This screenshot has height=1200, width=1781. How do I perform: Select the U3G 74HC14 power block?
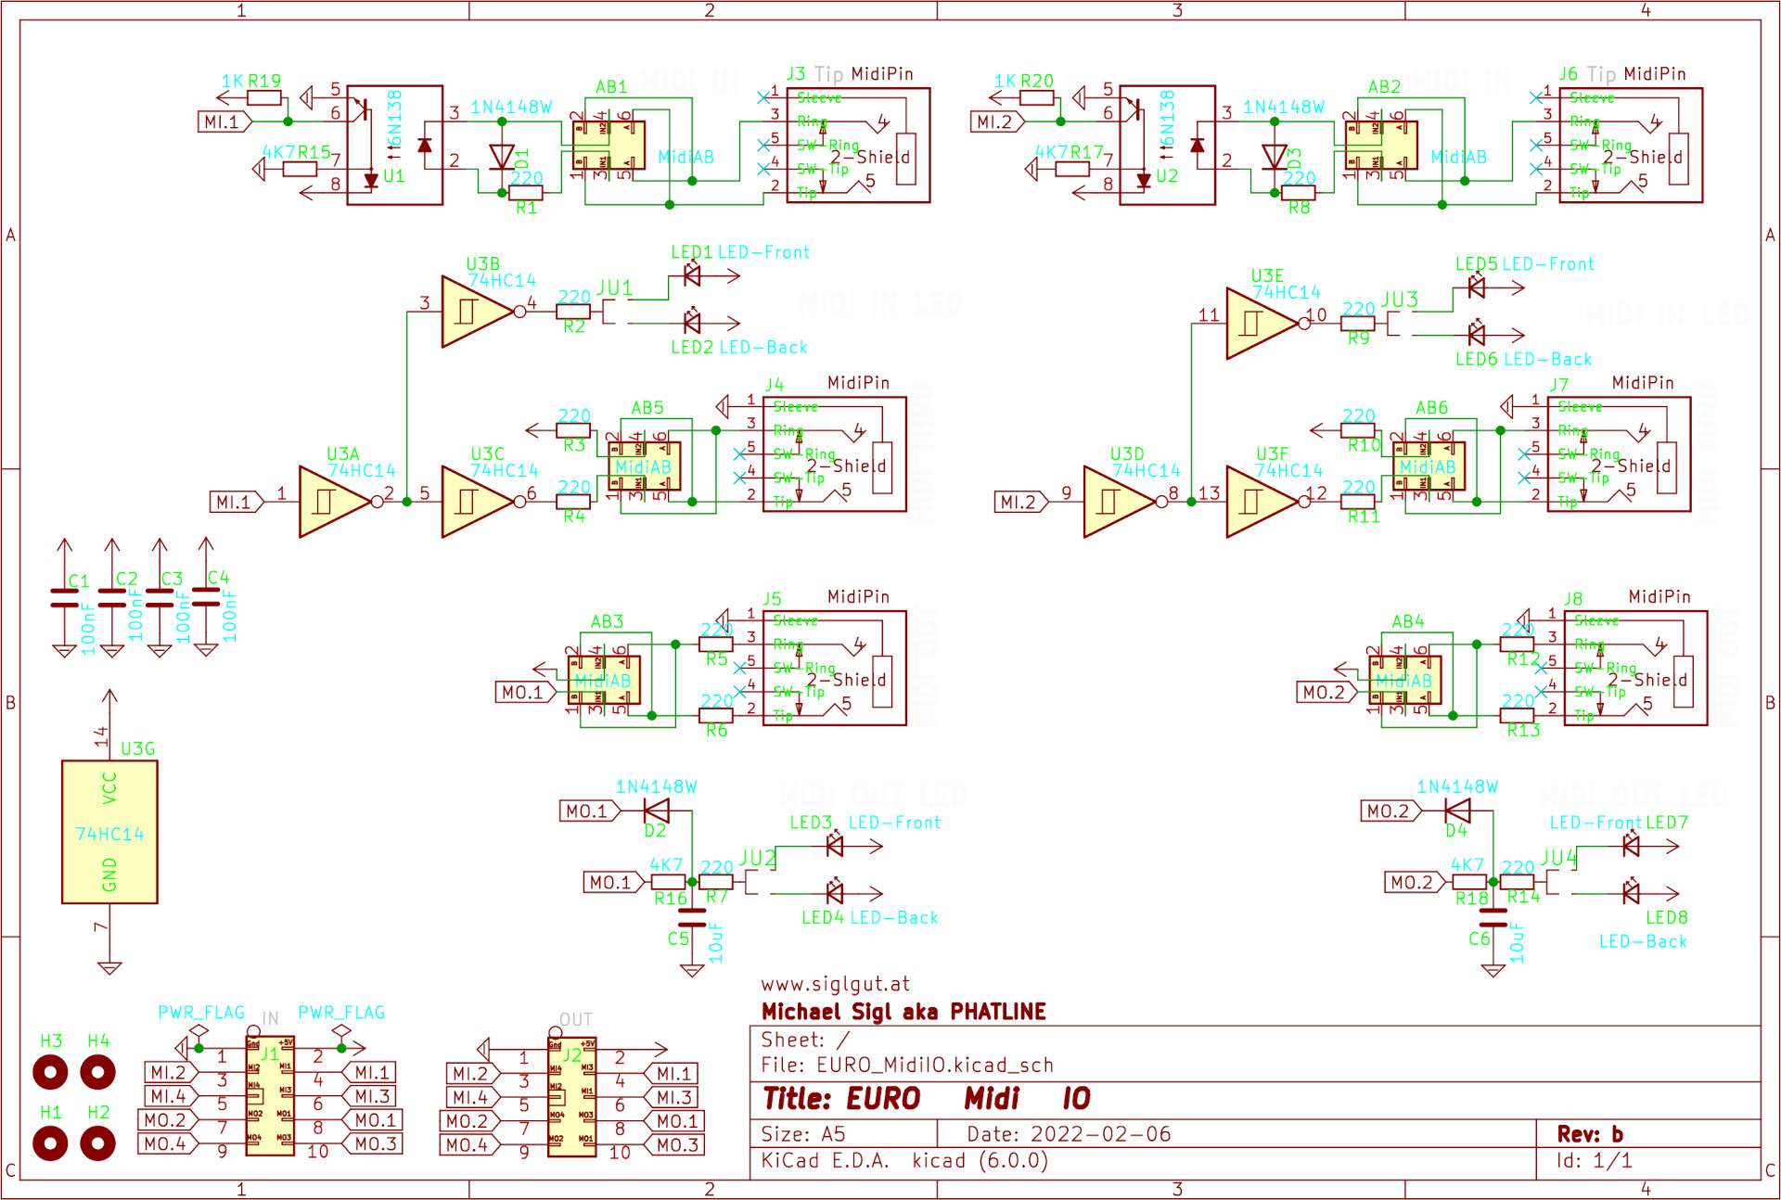[109, 832]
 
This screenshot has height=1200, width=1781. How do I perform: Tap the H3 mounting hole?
[50, 1073]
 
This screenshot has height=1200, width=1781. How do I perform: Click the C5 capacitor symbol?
[692, 917]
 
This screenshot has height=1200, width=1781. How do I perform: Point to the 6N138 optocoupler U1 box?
[394, 145]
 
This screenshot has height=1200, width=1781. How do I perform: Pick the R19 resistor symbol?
[264, 97]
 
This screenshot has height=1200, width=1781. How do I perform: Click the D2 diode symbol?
[657, 811]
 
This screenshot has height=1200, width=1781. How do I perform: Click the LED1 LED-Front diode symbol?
[692, 274]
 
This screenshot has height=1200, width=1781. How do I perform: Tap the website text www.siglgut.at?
[835, 984]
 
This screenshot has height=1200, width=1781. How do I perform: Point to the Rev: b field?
[1590, 1134]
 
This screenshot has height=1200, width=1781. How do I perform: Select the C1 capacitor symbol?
[64, 598]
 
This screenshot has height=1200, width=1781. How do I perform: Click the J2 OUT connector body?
[571, 1097]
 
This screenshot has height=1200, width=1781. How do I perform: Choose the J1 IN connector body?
[270, 1096]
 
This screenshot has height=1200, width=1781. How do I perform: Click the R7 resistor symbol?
[716, 882]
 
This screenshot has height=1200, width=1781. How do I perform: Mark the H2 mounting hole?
[98, 1143]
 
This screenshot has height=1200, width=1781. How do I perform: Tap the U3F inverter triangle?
[1261, 501]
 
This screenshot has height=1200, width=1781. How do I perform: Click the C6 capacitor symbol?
[1493, 917]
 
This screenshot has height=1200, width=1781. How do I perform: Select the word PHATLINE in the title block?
[998, 1012]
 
